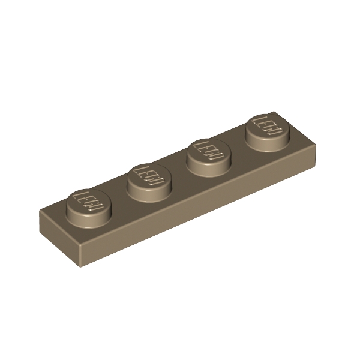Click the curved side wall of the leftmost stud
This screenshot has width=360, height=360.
[89, 217]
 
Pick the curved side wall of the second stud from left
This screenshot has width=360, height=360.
[149, 190]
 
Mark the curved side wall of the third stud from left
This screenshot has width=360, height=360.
[209, 164]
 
